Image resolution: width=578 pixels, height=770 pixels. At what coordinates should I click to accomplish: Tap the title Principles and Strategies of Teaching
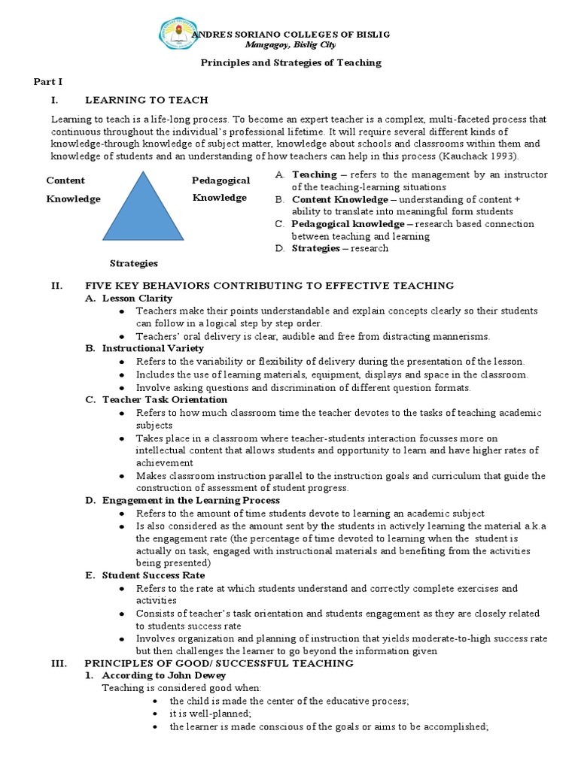[x=291, y=62]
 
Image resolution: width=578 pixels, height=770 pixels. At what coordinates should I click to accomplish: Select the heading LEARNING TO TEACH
[x=147, y=100]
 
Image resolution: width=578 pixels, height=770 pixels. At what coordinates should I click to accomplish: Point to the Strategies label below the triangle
[x=134, y=263]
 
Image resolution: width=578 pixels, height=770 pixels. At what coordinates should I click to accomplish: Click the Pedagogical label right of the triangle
[x=221, y=181]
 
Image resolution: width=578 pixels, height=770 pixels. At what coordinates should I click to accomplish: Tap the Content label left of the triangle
[x=65, y=180]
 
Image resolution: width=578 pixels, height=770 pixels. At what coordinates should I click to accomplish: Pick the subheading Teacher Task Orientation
[x=165, y=400]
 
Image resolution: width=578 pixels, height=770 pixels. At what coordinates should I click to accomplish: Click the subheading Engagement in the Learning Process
[x=191, y=500]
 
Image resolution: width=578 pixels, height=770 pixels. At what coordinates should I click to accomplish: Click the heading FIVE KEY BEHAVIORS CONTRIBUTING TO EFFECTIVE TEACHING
[x=269, y=286]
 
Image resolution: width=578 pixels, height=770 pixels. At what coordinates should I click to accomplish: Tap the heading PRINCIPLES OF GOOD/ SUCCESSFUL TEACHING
[x=219, y=663]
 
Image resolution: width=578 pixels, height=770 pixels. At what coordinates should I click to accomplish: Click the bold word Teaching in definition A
[x=314, y=174]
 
